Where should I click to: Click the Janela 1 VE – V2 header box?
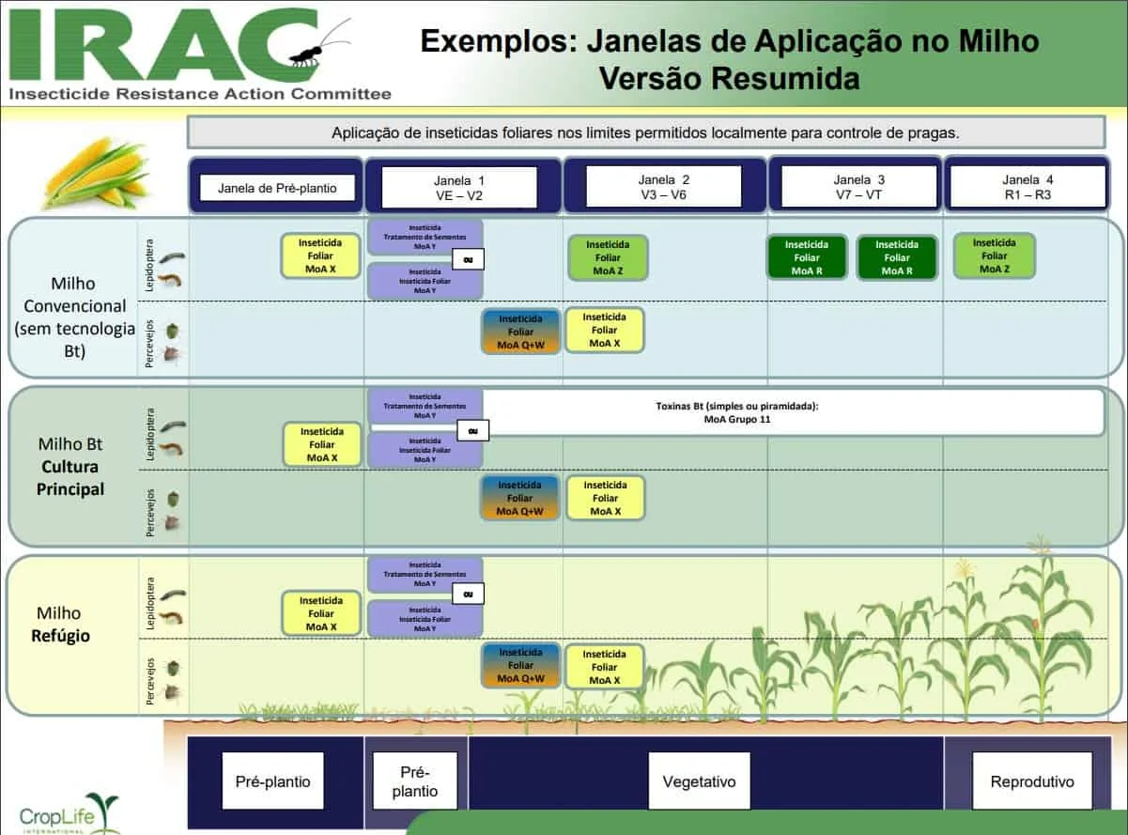[x=460, y=187]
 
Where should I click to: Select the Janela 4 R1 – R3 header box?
[x=1028, y=187]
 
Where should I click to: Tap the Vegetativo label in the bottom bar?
[x=699, y=781]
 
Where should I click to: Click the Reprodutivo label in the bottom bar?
[x=1031, y=781]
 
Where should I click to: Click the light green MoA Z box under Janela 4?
[x=994, y=255]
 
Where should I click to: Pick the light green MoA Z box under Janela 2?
[x=607, y=257]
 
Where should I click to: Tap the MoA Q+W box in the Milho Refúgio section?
[x=520, y=665]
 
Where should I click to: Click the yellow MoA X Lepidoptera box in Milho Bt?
[x=321, y=444]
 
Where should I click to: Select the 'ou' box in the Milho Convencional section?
[x=468, y=258]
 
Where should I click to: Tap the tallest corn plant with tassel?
[x=1043, y=629]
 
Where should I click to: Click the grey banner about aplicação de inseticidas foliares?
[x=645, y=132]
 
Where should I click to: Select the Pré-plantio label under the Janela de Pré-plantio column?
[x=272, y=781]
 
